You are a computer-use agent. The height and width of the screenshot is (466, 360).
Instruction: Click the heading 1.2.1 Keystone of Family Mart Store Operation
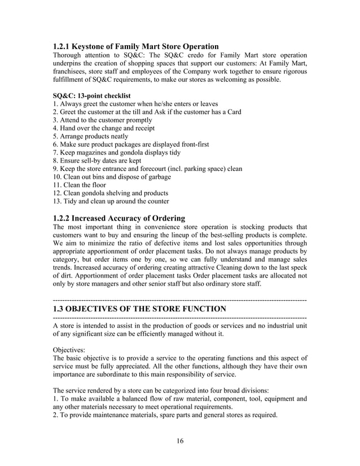[x=135, y=46]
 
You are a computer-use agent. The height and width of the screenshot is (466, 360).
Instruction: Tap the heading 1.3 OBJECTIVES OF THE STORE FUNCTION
[x=139, y=309]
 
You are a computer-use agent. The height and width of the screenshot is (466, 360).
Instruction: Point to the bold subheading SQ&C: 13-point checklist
[x=91, y=96]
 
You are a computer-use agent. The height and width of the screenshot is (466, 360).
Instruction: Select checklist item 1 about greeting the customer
[x=135, y=104]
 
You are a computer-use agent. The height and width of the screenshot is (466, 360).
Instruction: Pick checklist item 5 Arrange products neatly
[x=90, y=137]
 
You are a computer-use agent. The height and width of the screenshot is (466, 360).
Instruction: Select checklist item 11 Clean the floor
[x=79, y=185]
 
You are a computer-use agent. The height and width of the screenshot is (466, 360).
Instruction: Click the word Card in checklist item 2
[x=232, y=112]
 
